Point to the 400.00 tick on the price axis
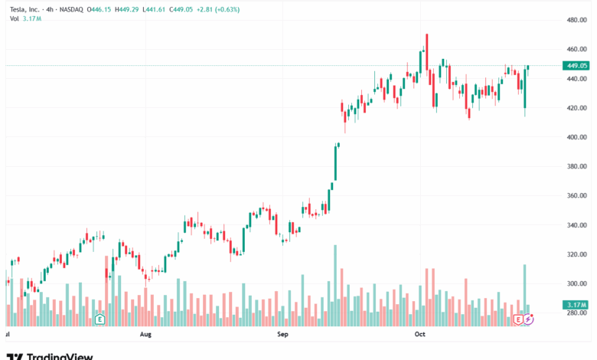[x=576, y=137]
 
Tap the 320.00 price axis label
[x=576, y=254]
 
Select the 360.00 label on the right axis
[x=576, y=196]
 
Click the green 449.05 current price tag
[x=576, y=66]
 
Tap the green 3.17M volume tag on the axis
[x=576, y=305]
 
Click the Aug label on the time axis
[x=146, y=335]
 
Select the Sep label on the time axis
[x=282, y=335]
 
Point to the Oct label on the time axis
[x=419, y=335]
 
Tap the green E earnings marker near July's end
[x=99, y=319]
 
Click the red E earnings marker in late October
[x=519, y=319]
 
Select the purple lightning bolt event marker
[x=529, y=319]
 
